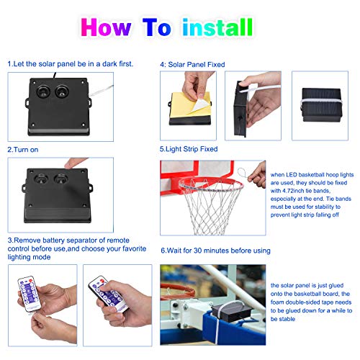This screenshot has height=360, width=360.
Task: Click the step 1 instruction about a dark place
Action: pos(71,63)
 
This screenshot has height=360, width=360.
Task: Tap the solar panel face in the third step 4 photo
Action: pos(316,104)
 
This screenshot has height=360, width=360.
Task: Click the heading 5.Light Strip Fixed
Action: pos(189,149)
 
